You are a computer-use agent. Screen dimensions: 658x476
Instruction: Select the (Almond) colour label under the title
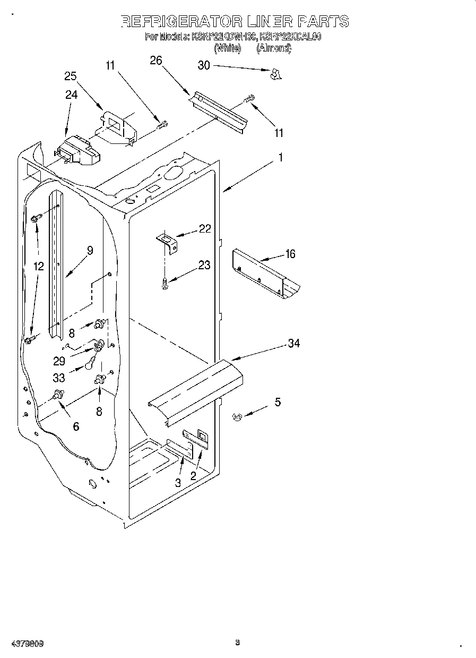point(274,48)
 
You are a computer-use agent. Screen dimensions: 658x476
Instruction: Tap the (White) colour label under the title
point(227,48)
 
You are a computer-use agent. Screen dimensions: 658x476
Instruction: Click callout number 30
point(204,65)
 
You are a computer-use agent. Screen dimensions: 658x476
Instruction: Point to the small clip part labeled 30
point(275,74)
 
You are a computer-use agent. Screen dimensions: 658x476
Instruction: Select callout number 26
point(155,61)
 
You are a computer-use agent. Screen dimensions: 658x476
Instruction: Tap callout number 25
point(71,76)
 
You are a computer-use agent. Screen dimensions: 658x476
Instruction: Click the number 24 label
point(71,95)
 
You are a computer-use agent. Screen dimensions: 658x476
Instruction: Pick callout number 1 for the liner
point(281,158)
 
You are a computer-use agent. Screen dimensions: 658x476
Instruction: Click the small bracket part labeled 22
point(168,245)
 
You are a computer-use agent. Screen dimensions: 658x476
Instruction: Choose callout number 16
point(290,254)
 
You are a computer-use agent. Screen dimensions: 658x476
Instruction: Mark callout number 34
point(293,344)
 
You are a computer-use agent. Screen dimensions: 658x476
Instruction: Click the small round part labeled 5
point(238,418)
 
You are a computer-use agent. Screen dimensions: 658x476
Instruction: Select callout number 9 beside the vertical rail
point(90,251)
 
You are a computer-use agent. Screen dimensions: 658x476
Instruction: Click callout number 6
point(76,426)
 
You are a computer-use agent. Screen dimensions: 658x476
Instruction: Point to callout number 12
point(38,267)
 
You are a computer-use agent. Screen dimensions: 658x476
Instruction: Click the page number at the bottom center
point(238,643)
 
